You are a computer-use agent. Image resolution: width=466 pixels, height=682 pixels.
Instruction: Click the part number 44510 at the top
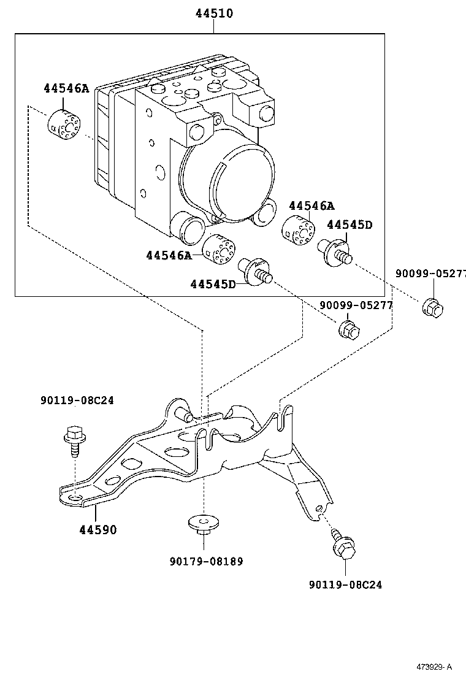click(x=215, y=13)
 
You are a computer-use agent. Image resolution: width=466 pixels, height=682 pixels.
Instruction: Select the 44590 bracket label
click(x=96, y=529)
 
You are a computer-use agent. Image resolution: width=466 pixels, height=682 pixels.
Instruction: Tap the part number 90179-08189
click(x=205, y=561)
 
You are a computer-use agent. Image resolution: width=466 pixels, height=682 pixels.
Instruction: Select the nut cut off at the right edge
click(x=433, y=306)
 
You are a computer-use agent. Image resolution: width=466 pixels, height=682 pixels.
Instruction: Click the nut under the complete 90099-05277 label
click(x=349, y=329)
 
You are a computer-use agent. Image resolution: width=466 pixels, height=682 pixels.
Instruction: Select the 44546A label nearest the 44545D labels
click(x=311, y=205)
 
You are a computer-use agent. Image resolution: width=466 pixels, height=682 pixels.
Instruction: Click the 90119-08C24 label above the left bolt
click(x=77, y=400)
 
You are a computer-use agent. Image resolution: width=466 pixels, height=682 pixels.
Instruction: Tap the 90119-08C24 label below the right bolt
click(x=345, y=585)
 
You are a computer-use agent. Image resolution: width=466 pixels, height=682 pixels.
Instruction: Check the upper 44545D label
click(x=349, y=224)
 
